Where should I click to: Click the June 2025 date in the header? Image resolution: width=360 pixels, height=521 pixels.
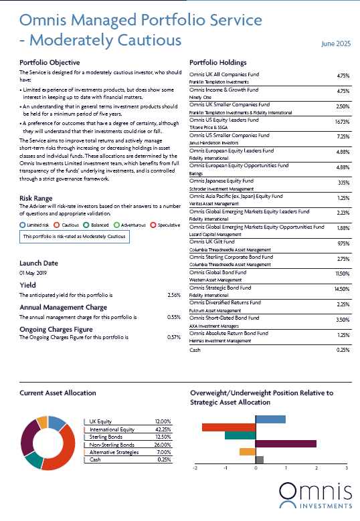336,44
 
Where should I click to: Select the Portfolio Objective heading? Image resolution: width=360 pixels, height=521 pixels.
50,62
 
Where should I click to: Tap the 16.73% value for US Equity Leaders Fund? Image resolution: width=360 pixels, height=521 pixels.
342,122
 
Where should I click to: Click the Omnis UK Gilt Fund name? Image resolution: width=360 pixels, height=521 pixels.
211,241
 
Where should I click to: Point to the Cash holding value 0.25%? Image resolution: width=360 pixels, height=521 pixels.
343,350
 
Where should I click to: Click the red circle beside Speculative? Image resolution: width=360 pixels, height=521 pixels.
153,225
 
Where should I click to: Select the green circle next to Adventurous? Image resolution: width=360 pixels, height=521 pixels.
116,225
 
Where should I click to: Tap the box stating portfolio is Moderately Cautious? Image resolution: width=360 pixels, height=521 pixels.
74,237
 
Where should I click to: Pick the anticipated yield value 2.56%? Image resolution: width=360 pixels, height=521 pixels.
174,295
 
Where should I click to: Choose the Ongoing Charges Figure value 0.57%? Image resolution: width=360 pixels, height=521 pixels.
174,337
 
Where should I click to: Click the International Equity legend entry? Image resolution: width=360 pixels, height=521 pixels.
112,429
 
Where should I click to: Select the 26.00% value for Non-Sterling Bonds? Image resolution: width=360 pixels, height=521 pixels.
163,445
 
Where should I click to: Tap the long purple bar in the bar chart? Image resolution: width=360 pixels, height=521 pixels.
286,443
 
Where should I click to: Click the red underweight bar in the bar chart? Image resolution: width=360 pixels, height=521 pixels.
229,427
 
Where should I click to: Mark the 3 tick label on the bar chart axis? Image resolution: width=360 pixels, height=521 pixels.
347,468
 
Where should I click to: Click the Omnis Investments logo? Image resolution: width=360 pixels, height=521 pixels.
315,495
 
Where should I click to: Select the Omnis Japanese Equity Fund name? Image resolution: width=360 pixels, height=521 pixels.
221,181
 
